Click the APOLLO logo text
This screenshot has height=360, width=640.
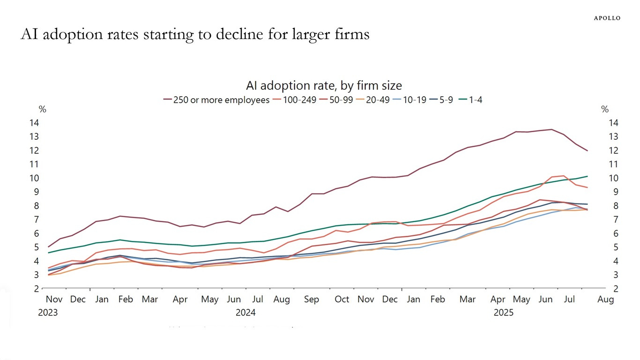coord(607,18)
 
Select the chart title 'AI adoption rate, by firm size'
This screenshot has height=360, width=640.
coord(324,85)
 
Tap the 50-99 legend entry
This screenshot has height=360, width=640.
coord(341,99)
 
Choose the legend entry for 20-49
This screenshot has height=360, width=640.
coord(377,99)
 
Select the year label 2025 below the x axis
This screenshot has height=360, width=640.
coord(504,312)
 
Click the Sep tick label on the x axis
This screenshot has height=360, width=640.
coord(311,299)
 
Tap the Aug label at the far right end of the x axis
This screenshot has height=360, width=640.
coord(605,299)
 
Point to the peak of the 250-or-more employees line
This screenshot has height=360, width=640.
coord(551,129)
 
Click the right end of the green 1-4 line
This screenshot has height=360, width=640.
coord(588,176)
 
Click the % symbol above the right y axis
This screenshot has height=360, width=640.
coord(605,109)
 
